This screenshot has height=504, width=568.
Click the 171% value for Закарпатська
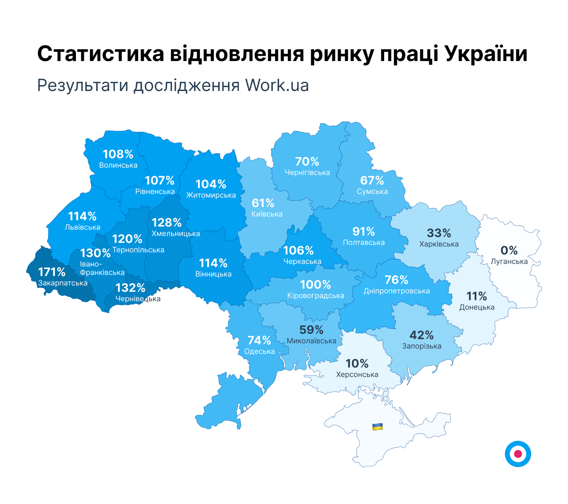tap(51, 272)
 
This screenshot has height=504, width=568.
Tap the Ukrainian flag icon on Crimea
tap(377, 426)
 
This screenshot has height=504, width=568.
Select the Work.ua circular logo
tap(518, 454)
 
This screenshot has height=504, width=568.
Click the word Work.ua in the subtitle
tap(277, 85)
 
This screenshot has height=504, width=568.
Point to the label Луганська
tap(509, 262)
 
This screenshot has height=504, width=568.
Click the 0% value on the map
tap(509, 250)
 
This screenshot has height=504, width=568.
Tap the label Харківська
tap(439, 244)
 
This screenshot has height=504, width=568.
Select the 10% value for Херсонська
tap(357, 363)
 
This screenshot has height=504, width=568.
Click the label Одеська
tap(259, 351)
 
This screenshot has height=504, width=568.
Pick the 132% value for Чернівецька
tap(130, 287)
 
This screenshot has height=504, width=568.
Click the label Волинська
tap(118, 165)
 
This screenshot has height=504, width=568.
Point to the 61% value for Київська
tap(263, 203)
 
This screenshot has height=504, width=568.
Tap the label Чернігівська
tap(307, 172)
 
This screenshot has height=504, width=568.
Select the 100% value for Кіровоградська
tap(315, 284)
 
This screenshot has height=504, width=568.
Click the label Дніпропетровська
tap(396, 291)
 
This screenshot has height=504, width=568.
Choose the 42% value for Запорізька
tap(421, 335)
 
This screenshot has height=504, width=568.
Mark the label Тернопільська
tap(138, 250)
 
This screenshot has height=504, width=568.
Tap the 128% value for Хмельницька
tap(166, 223)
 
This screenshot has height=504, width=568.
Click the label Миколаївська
tap(311, 341)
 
